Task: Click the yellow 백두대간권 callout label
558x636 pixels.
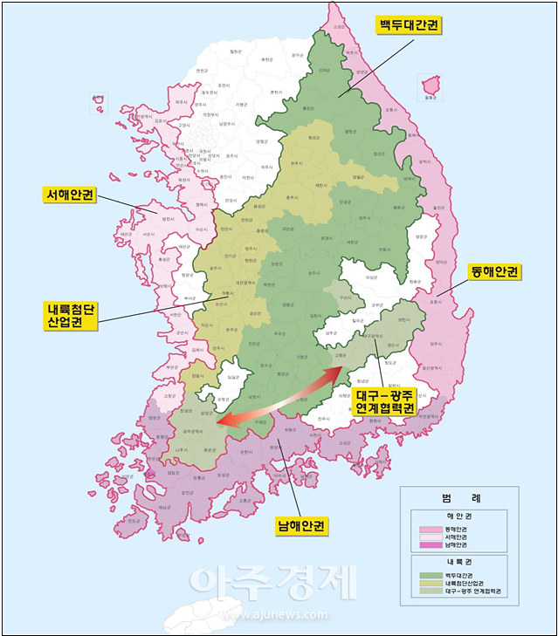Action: [408, 25]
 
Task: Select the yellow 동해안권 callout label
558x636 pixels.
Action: [494, 272]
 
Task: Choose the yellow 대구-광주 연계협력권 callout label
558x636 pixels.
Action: [385, 401]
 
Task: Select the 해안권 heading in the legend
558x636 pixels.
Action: [458, 515]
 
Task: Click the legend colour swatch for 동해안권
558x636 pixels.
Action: [428, 529]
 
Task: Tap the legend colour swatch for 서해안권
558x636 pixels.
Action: [428, 537]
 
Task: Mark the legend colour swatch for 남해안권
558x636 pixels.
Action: [428, 545]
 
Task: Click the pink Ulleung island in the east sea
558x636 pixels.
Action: [430, 86]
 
